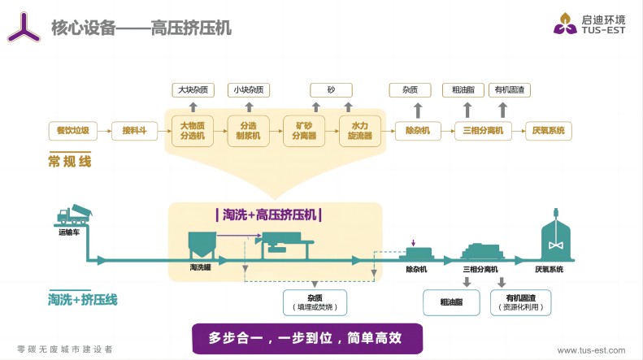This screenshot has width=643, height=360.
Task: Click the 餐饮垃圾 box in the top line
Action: coord(73,130)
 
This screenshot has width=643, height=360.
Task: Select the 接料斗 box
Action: coord(134,130)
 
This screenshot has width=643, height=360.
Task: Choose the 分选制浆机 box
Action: coord(248,131)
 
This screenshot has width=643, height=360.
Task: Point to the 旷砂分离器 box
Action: coord(303,131)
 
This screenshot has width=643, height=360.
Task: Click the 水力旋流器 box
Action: coord(360,131)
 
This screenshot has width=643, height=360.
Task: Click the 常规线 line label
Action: coord(69,162)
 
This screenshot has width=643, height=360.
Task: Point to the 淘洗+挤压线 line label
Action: coord(82,299)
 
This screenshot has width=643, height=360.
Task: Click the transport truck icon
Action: coord(74,215)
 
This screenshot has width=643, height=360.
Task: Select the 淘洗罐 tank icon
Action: coord(201,245)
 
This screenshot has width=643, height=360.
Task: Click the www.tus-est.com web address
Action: coord(590,350)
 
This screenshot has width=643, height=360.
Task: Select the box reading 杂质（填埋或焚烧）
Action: coord(315,302)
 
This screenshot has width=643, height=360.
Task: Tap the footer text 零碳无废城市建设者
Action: coord(65,349)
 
